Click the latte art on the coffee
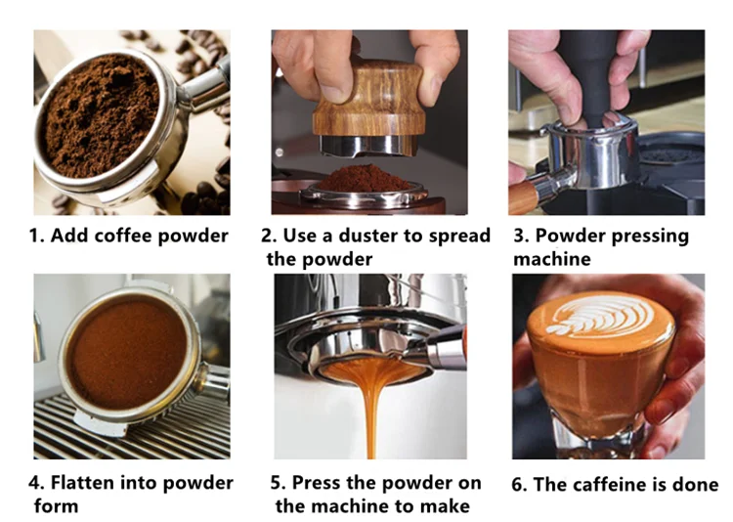pos(600,316)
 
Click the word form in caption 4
pos(56,506)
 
